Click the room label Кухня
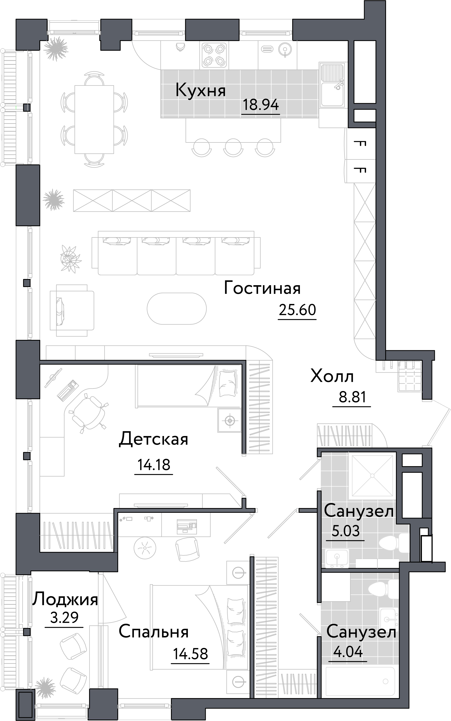[200, 90]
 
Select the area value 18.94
[260, 105]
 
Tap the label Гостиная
[262, 288]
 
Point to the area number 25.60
[297, 310]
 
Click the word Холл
[332, 376]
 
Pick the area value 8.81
[352, 397]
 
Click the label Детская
[154, 439]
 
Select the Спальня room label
[154, 632]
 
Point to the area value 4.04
[348, 652]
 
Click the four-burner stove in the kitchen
[214, 55]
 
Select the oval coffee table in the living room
[177, 308]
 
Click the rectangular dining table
[94, 119]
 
